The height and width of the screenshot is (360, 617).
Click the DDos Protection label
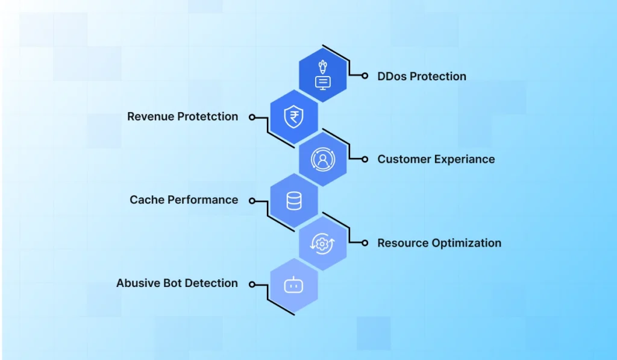click(422, 77)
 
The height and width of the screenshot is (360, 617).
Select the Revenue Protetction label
click(183, 116)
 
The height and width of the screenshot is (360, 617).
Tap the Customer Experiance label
click(436, 159)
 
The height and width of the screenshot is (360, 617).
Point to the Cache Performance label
click(184, 200)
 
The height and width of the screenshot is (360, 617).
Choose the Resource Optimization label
click(439, 243)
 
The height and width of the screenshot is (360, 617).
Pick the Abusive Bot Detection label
click(177, 283)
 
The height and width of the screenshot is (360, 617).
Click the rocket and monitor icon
click(323, 75)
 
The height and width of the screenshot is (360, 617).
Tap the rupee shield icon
click(293, 116)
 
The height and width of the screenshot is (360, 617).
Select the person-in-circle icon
click(322, 159)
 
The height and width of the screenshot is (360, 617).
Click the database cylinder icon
click(293, 201)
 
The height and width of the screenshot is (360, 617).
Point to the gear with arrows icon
click(322, 243)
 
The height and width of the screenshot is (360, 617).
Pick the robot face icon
click(293, 285)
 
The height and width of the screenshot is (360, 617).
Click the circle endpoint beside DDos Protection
click(365, 76)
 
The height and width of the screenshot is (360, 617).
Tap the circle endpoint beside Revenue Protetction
click(252, 117)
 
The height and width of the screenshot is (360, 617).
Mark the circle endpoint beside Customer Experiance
click(365, 159)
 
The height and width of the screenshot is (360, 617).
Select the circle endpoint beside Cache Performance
click(252, 201)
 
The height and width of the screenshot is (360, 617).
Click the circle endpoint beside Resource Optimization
click(365, 243)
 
